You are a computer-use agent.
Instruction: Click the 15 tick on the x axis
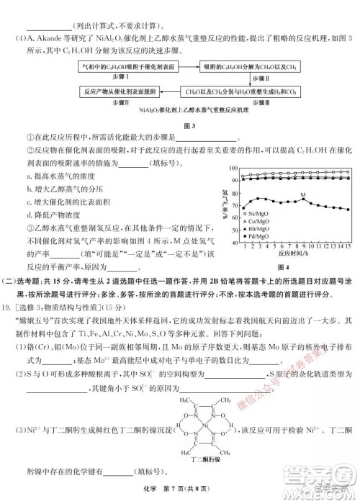pyautogui.click(x=348, y=246)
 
